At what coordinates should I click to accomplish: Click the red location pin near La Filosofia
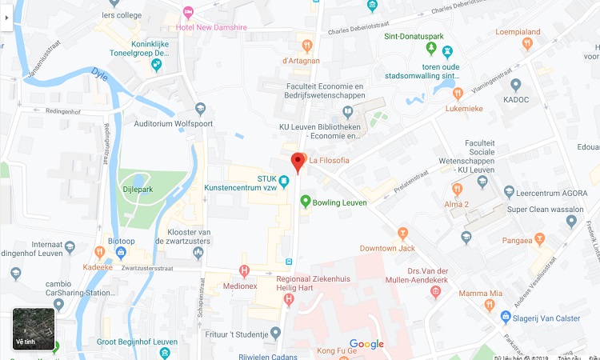[298, 162]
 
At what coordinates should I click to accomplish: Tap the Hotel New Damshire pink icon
[188, 11]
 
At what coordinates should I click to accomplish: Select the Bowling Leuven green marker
[305, 202]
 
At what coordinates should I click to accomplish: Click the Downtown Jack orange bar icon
[402, 233]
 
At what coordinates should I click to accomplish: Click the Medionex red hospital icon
[245, 270]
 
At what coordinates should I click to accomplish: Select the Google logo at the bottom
[366, 345]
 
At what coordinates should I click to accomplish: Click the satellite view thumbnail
[34, 329]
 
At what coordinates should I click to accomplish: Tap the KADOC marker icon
[516, 85]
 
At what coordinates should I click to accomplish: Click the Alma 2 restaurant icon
[457, 189]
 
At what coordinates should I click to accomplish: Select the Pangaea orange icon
[540, 238]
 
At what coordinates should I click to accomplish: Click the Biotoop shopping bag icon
[121, 252]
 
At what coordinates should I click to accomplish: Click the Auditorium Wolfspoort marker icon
[200, 109]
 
